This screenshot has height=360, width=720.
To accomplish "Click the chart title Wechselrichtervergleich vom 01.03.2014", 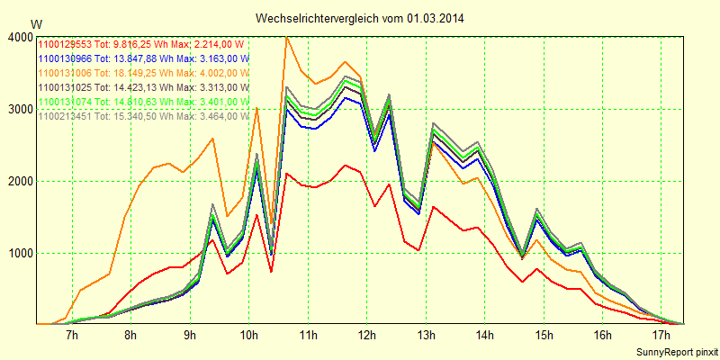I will [x=360, y=18].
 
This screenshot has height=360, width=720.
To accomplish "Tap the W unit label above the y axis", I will [x=36, y=23].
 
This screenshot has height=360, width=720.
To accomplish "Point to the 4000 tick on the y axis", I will [x=19, y=37].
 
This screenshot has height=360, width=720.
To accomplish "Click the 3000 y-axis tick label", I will [x=19, y=109].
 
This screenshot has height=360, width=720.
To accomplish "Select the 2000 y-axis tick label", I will [x=19, y=181].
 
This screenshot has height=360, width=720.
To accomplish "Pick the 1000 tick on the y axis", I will [x=19, y=253].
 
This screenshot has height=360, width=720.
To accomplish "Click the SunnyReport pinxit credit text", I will [x=675, y=350].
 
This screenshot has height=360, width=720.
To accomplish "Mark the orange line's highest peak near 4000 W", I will [x=286, y=37].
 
